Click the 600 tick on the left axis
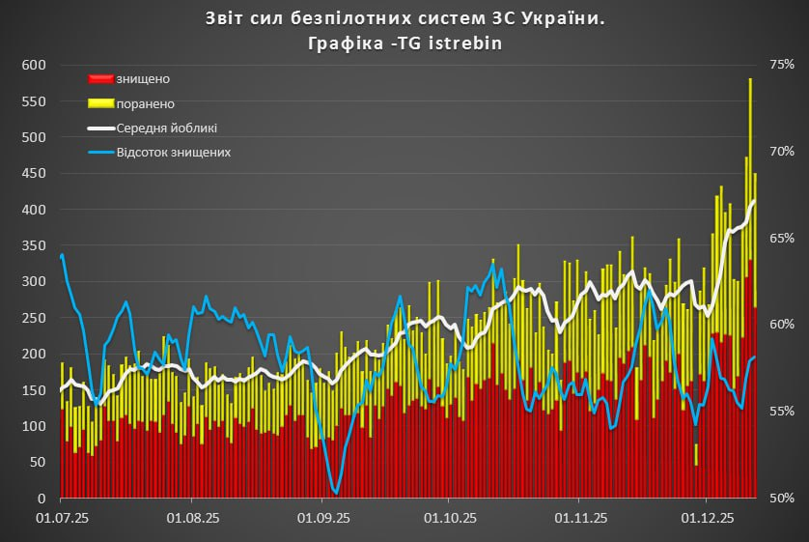tap(34, 65)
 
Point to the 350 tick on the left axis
tap(34, 245)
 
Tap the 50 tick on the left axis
tap(38, 463)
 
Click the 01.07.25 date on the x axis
tap(62, 518)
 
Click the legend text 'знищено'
tap(143, 78)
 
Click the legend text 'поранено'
tap(146, 103)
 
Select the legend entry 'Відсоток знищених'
tap(173, 153)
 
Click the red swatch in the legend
tap(100, 78)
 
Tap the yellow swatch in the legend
tap(100, 103)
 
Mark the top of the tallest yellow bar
tap(750, 79)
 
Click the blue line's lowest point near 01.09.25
tap(335, 493)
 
